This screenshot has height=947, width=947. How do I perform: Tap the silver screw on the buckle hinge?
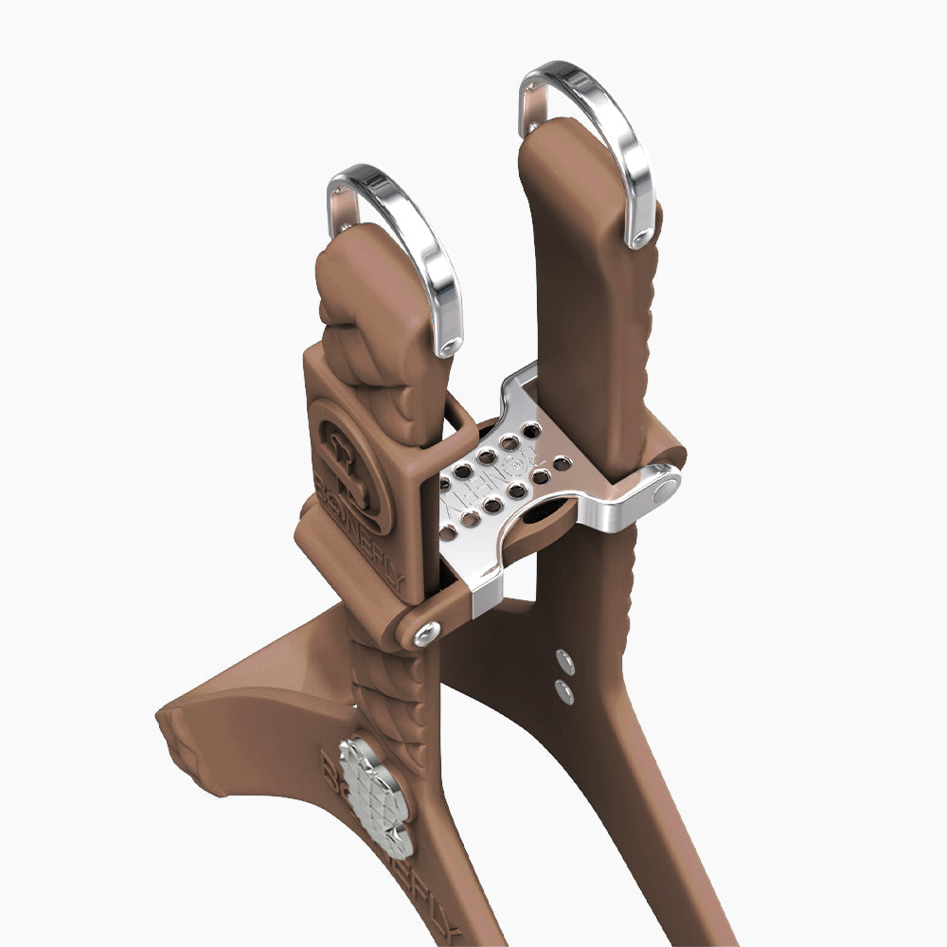click(425, 633)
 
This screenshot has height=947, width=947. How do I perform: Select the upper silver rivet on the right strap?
click(565, 657)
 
